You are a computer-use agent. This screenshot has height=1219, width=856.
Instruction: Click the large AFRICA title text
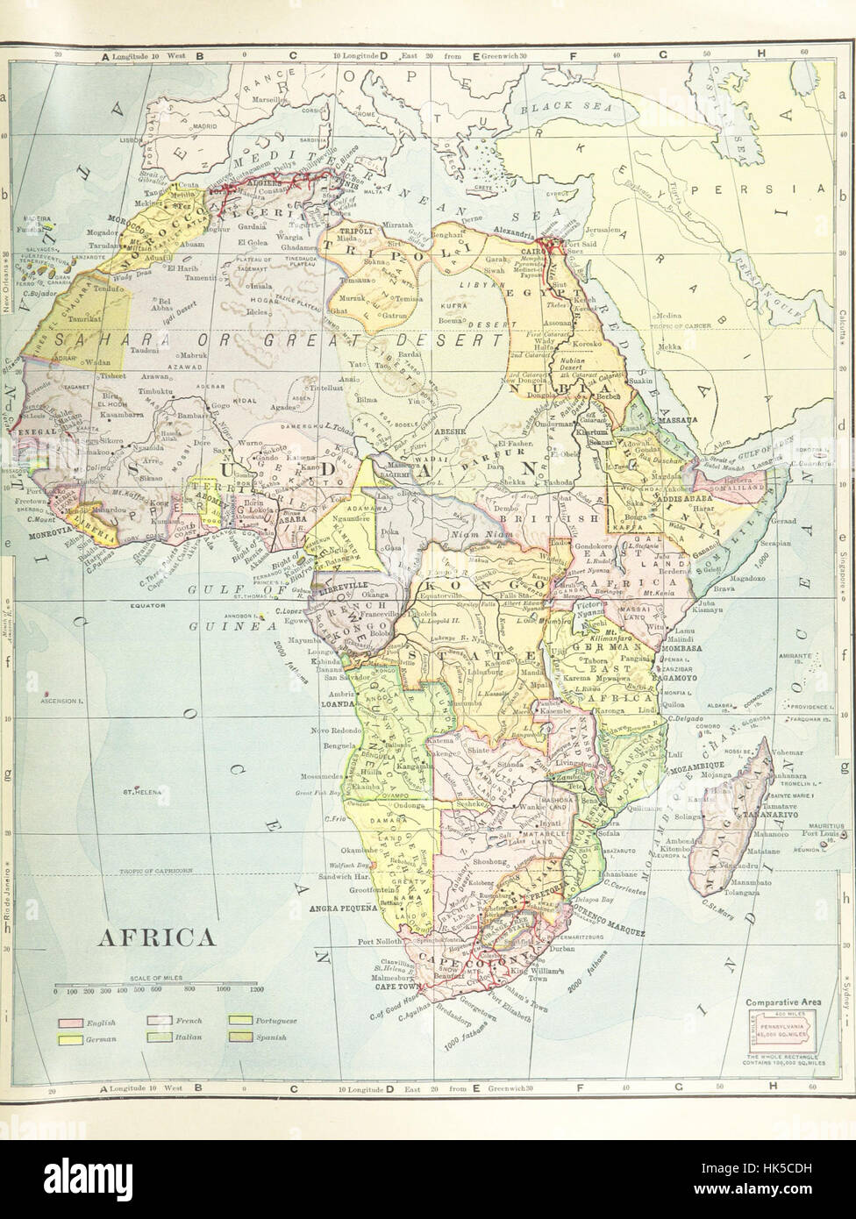pyautogui.click(x=154, y=937)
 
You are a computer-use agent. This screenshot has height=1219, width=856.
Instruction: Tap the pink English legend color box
pyautogui.click(x=72, y=1023)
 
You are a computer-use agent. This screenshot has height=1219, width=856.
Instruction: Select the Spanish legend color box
pyautogui.click(x=239, y=1037)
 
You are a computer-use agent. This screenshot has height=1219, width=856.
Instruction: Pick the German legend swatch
pyautogui.click(x=72, y=1037)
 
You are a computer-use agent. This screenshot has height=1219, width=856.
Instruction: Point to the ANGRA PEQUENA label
pyautogui.click(x=343, y=911)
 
